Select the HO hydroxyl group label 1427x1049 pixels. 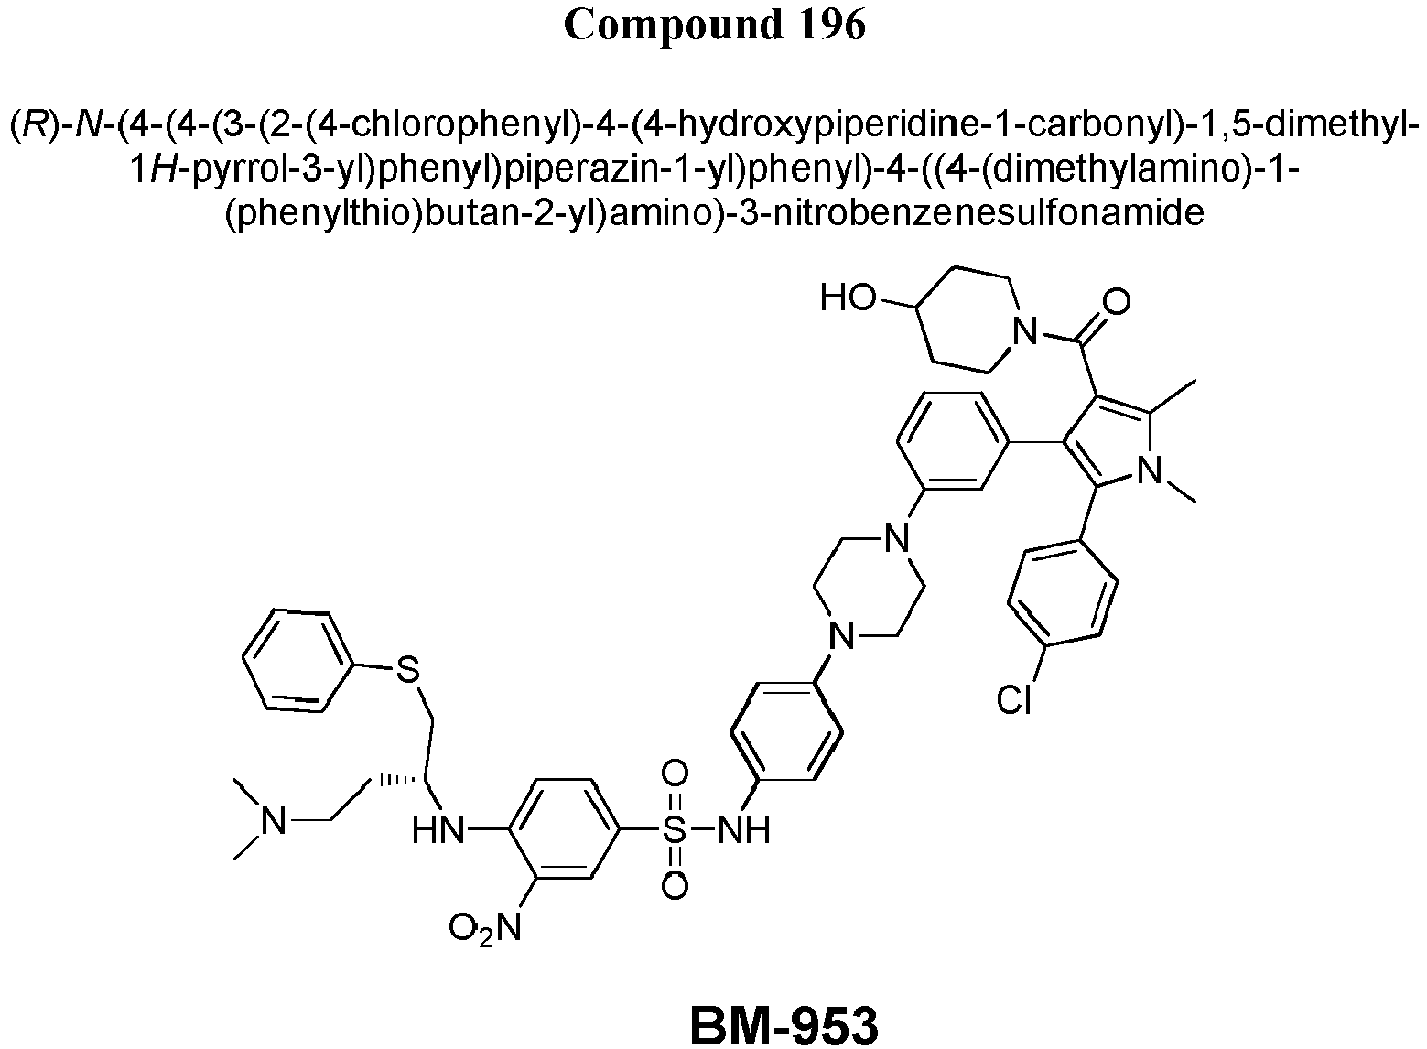[x=848, y=297]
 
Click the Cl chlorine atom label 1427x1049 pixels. [x=1013, y=700]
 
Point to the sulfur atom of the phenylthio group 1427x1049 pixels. [x=408, y=669]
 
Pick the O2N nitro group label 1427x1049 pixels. [x=485, y=927]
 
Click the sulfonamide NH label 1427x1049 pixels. [x=744, y=830]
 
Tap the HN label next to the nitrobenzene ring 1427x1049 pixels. [x=439, y=830]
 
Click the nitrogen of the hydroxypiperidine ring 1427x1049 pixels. [x=1025, y=330]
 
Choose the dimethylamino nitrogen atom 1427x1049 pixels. [x=274, y=820]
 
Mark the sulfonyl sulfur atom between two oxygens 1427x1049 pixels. [x=675, y=830]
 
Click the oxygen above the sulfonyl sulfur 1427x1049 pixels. [x=675, y=773]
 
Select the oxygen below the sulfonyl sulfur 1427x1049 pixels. [x=675, y=886]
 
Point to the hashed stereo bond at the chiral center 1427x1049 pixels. [x=400, y=780]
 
